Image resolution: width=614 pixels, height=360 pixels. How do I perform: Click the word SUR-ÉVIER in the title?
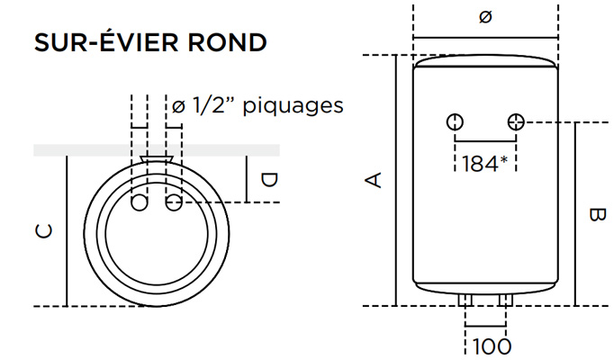click(x=105, y=43)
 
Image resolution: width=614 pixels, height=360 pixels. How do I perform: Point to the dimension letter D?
click(x=268, y=180)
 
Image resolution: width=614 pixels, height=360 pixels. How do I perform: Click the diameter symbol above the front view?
click(x=485, y=18)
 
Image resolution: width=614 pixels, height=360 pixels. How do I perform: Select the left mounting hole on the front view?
click(x=456, y=121)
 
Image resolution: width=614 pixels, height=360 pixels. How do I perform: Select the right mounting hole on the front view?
click(x=516, y=121)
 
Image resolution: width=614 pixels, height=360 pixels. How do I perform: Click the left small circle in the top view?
click(x=140, y=205)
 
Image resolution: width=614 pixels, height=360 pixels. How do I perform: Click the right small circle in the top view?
click(x=173, y=205)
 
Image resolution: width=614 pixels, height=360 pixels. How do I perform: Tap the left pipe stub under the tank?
click(x=466, y=299)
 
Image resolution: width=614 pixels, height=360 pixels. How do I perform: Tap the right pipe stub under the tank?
click(x=505, y=299)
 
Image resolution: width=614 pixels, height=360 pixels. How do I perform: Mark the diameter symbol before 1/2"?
click(x=177, y=106)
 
